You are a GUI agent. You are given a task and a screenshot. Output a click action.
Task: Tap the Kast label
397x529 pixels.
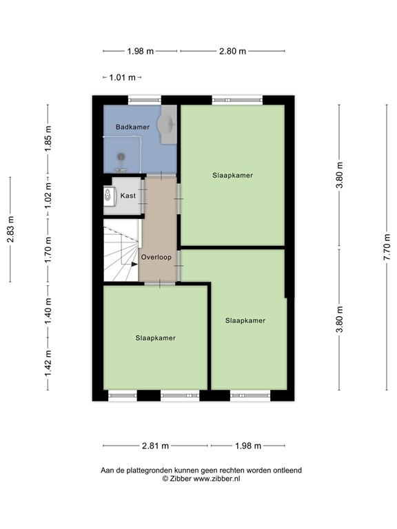pos(128,196)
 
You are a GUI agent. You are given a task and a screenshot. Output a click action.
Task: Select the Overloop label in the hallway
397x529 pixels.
pos(156,257)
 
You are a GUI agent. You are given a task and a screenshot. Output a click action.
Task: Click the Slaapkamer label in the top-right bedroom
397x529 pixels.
pos(232,175)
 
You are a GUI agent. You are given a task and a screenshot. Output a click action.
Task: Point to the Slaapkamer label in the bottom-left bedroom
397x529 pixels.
pos(155,338)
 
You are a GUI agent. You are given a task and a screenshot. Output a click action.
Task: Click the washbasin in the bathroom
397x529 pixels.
pos(167,125)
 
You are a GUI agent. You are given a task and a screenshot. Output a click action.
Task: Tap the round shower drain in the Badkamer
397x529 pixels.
pos(123,156)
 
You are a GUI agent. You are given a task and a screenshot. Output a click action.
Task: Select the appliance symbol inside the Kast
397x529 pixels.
pos(108,196)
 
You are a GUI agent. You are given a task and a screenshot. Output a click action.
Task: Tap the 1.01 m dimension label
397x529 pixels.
pos(122,78)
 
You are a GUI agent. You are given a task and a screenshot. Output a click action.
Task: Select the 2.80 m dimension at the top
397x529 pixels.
pos(232,51)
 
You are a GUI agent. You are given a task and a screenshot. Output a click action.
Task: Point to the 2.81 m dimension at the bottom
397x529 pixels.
pos(155,446)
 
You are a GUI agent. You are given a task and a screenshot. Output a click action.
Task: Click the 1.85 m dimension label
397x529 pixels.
pos(48,139)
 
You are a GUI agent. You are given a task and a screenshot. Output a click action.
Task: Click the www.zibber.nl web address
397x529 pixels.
pos(215,478)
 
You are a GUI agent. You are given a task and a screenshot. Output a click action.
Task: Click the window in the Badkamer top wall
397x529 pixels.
pos(143,99)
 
